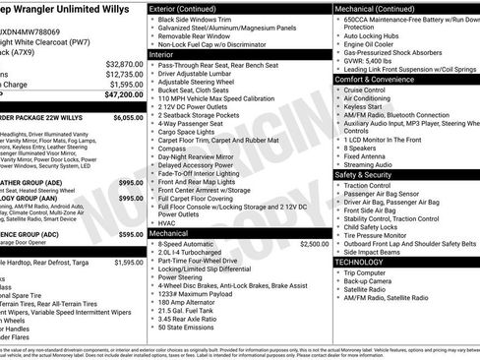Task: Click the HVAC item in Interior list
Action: pyautogui.click(x=167, y=223)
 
